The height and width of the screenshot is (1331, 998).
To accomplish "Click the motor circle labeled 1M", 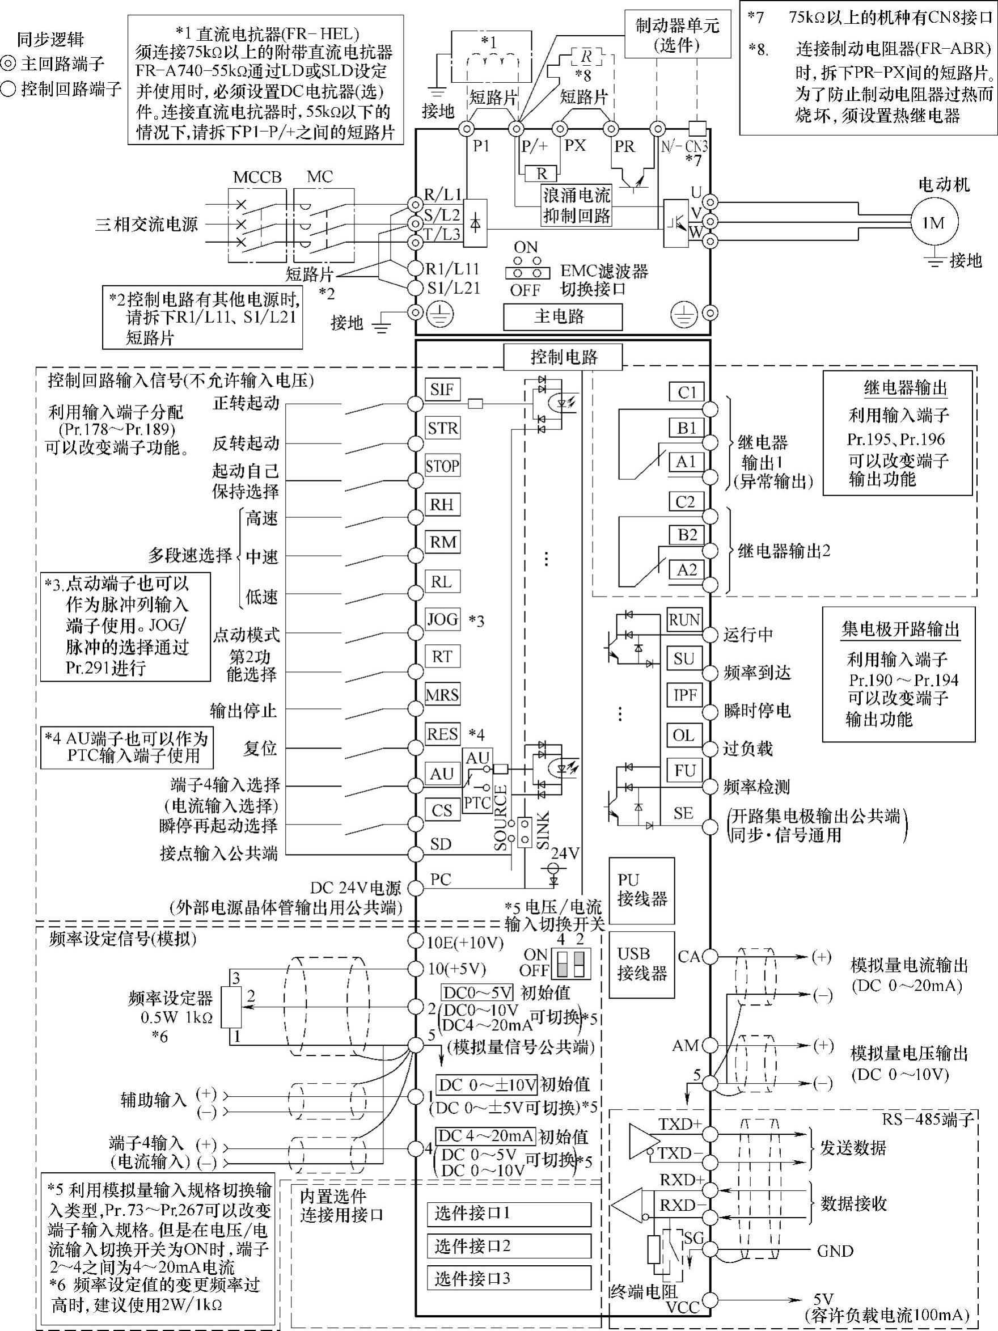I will click(x=933, y=223).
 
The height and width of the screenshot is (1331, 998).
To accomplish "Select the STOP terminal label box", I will click(x=442, y=466).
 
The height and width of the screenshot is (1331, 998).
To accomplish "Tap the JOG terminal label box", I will click(x=442, y=619).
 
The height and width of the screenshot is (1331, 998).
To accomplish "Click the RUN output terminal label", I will click(x=684, y=620).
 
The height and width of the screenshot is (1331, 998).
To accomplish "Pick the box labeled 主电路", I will click(x=562, y=316).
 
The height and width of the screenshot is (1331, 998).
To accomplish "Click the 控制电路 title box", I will click(x=563, y=357).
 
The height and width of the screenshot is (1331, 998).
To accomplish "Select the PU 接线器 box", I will click(x=641, y=890).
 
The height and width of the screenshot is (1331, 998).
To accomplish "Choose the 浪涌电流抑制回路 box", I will click(x=576, y=205).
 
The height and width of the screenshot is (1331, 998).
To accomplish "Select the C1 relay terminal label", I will click(x=686, y=392).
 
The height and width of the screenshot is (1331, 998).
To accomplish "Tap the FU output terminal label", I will click(x=684, y=771).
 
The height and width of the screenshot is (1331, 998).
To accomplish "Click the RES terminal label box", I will click(x=442, y=733).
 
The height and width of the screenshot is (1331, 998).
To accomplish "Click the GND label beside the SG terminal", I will click(x=835, y=1251).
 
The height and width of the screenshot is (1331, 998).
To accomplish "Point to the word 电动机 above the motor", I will click(x=944, y=184).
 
